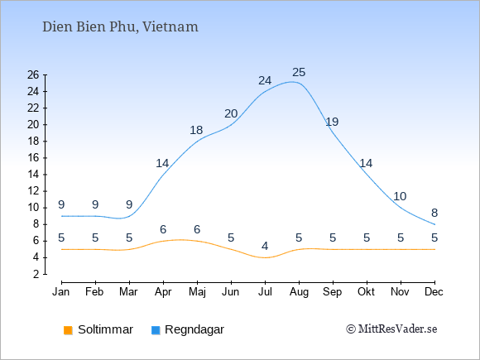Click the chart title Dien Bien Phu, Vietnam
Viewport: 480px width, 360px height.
[120, 27]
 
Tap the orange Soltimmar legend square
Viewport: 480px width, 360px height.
[68, 330]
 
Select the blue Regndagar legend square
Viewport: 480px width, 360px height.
[156, 330]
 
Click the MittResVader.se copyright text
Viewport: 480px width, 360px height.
[391, 329]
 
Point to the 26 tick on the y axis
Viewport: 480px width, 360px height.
[33, 74]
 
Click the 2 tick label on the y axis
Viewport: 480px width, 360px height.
[36, 274]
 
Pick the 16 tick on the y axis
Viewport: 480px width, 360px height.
[33, 157]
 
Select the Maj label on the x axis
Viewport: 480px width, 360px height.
[197, 292]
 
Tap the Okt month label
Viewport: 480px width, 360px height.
[366, 292]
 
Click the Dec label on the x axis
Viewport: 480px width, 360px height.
[434, 292]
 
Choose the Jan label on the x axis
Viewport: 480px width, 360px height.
[61, 292]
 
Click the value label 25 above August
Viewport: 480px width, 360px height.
[299, 73]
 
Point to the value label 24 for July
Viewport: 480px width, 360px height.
[265, 81]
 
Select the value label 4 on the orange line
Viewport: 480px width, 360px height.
[265, 246]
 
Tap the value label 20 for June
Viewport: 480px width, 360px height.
[231, 114]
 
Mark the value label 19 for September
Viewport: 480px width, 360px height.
[332, 122]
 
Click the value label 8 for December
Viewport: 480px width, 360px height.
[434, 213]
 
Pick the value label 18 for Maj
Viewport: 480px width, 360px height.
[196, 131]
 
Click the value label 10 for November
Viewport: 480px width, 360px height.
[400, 196]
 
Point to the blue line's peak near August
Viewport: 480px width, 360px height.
[292, 82]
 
